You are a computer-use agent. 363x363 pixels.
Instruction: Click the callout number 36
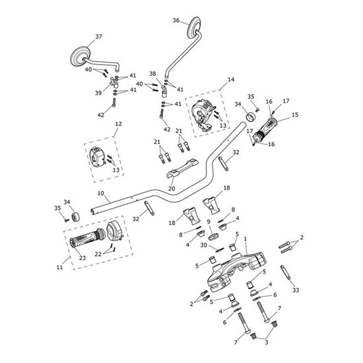[x=176, y=20]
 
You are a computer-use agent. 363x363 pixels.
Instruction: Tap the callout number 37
[x=98, y=36]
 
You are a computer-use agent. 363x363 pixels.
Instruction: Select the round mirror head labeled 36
[x=194, y=27]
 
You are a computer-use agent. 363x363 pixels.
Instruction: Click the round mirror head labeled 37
[x=80, y=57]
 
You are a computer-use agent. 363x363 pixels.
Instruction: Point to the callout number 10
[x=101, y=193]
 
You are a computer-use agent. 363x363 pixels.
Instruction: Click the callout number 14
[x=231, y=79]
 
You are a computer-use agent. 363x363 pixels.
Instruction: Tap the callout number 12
[x=118, y=124]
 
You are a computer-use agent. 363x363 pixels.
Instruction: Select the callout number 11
[x=59, y=267]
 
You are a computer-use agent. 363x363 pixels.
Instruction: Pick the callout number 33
[x=296, y=290]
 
